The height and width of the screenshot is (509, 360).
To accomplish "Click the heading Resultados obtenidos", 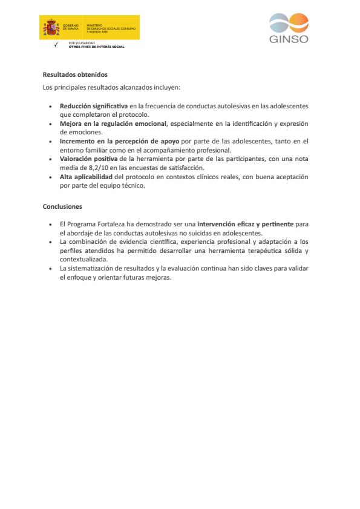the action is pos(75,75).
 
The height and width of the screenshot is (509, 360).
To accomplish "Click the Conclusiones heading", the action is pos(62,206).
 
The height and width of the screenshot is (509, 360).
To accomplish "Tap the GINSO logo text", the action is pos(289,39).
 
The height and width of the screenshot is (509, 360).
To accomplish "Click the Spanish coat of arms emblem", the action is pos(51,28).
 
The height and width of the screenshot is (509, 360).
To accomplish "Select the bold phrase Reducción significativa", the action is pos(94,106).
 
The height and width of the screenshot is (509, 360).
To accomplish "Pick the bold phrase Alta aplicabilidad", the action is pos(86,177).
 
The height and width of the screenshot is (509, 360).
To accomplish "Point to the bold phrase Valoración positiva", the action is pos(89,159).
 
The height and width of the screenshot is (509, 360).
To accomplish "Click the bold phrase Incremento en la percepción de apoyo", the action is pos(119,141).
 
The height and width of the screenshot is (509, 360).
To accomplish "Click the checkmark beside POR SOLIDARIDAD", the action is pos(56,45).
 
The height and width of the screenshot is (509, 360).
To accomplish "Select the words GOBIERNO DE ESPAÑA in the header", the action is pos(70,27).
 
